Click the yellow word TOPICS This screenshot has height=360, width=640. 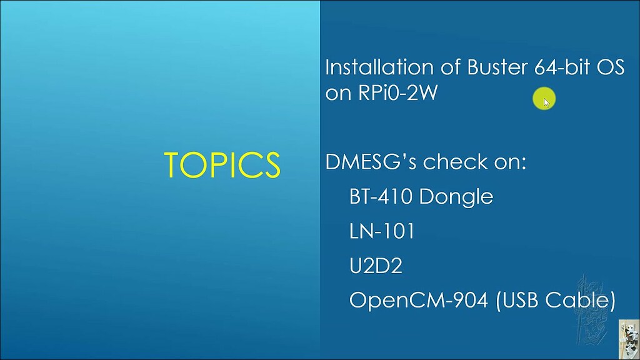pos(222,164)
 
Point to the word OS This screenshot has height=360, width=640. pos(609,67)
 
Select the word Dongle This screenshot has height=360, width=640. pos(457,197)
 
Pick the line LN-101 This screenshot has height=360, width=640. pos(382,232)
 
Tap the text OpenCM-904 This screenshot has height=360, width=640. pos(419,301)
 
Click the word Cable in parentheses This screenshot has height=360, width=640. pos(581,301)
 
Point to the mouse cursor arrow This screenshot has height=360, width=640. pos(547,102)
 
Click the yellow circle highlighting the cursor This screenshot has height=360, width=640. pos(542,98)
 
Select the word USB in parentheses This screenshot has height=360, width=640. pos(520,301)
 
